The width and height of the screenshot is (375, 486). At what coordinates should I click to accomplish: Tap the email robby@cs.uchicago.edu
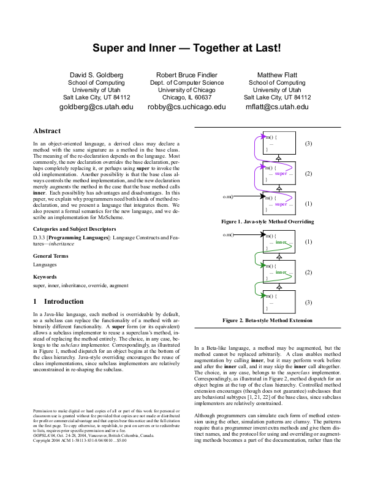187,107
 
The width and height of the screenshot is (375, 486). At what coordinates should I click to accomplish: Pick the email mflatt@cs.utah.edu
277,107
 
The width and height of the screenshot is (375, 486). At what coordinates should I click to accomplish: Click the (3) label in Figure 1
308,144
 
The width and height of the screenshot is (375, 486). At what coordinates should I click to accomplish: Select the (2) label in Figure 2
308,272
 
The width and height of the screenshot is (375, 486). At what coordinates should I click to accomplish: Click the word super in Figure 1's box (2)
281,174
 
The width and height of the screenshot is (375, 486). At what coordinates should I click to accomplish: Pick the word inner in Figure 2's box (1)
281,243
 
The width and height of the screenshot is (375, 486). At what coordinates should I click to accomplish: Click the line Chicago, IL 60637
187,97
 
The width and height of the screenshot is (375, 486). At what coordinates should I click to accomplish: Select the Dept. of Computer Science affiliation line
187,82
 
